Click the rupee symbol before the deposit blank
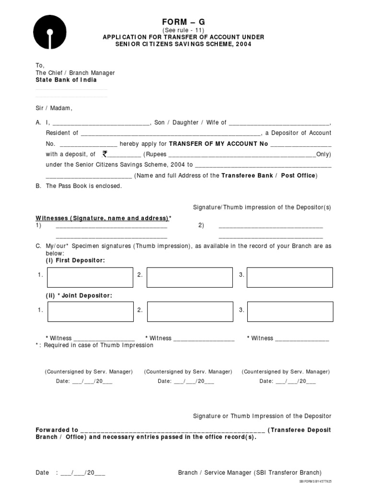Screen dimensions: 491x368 (105, 154)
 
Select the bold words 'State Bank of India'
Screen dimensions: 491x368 (66, 80)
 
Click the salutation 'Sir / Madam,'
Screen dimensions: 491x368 (54, 108)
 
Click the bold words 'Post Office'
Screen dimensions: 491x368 (298, 175)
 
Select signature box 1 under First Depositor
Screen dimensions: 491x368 (90, 278)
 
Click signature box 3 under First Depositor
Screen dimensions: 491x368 (289, 278)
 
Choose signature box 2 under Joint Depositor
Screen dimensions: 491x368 (190, 311)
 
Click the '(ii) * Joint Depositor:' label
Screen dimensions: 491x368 (79, 296)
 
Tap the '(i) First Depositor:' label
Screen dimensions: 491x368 (75, 260)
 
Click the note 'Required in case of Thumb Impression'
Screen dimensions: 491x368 (98, 345)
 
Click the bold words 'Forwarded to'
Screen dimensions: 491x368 (57, 430)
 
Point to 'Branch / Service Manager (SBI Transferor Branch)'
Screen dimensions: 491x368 (250, 472)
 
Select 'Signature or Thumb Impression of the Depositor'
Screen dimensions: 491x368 (262, 416)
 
